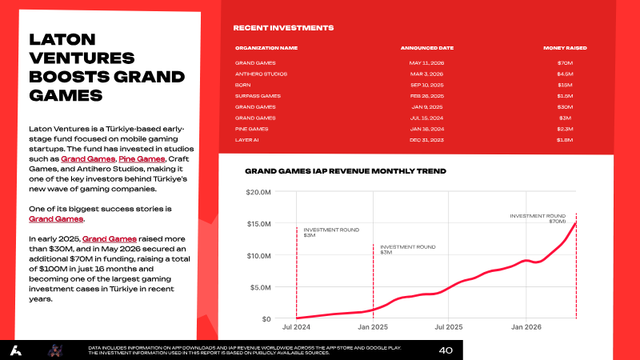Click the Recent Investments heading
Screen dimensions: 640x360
pos(283,28)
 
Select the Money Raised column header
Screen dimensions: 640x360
pos(565,48)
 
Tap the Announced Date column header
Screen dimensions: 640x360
pos(427,48)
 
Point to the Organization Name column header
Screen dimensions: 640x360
pos(266,48)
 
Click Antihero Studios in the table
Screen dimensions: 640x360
pos(261,74)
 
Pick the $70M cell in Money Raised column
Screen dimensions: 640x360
pos(565,63)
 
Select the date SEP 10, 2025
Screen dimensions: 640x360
pos(427,85)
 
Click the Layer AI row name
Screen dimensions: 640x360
pos(246,139)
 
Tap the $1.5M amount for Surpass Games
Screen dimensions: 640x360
pos(565,96)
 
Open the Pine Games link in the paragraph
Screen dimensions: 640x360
pos(142,158)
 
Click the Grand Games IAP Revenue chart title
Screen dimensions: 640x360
pos(346,171)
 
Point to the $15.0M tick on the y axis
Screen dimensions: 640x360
pos(258,224)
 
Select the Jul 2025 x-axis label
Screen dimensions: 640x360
pos(449,327)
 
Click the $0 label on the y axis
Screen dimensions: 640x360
pos(266,318)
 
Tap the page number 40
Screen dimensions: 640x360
pos(446,350)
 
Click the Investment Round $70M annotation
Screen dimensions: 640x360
pos(538,218)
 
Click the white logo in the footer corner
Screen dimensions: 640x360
pos(16,350)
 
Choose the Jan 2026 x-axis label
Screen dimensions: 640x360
pos(526,327)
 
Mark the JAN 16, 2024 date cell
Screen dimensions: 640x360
pos(427,129)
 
